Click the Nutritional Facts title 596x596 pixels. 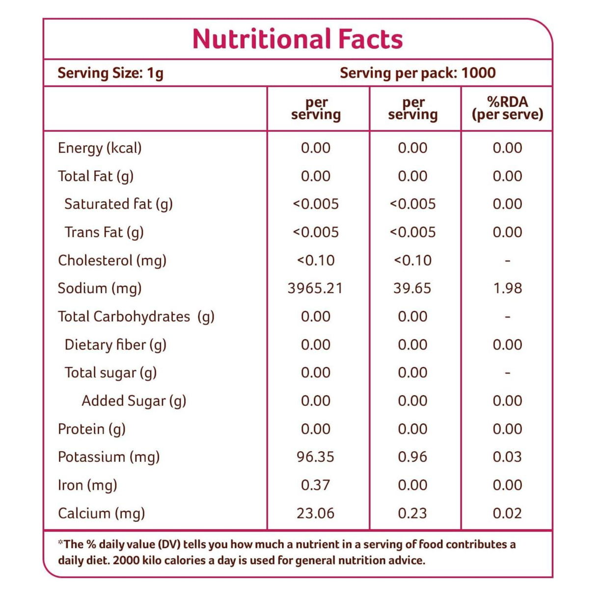click(298, 39)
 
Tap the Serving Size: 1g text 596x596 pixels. click(110, 73)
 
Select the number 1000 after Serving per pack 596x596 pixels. click(478, 73)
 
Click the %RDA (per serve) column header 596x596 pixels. click(507, 108)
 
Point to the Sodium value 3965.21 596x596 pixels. click(315, 288)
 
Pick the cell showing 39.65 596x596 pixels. click(412, 288)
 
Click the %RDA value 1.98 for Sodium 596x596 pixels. click(507, 288)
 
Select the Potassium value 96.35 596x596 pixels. click(315, 457)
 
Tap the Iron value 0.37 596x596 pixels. click(315, 485)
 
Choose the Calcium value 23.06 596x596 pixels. click(315, 514)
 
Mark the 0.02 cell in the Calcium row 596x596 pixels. click(507, 514)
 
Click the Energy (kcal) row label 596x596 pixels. click(100, 148)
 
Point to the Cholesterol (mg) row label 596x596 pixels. click(112, 260)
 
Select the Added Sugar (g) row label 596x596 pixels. click(134, 401)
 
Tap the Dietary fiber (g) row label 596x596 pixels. click(115, 345)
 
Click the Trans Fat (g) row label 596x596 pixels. click(104, 232)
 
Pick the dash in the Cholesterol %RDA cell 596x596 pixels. click(507, 261)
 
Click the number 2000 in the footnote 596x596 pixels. click(127, 561)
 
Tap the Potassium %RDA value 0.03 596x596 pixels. click(507, 457)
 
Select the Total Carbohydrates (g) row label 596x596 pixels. click(136, 317)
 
